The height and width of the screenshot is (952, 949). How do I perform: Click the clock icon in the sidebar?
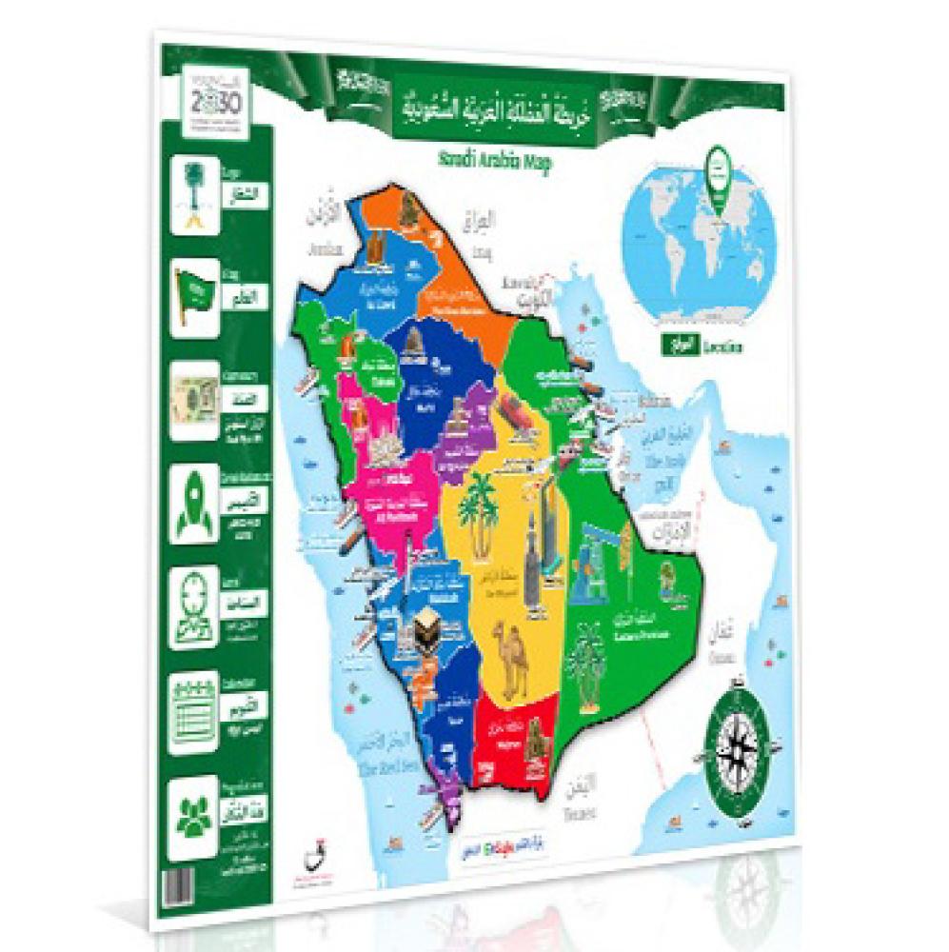[196, 605]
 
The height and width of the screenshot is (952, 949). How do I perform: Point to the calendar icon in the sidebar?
[194, 708]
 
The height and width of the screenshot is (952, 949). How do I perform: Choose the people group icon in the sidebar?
[194, 811]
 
